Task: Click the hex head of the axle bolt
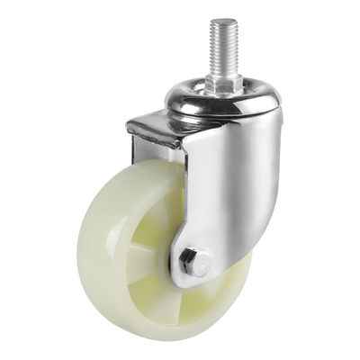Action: (193, 264)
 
